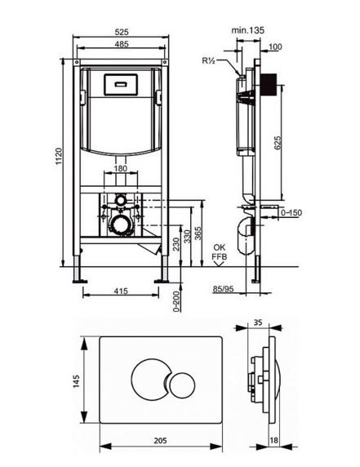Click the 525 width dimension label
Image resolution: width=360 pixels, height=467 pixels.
click(x=121, y=32)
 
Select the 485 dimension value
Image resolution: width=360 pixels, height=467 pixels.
click(x=122, y=44)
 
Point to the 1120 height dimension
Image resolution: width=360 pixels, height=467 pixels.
click(x=59, y=157)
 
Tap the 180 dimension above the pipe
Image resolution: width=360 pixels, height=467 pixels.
click(x=121, y=168)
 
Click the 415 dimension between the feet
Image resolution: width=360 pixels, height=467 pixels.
click(x=121, y=291)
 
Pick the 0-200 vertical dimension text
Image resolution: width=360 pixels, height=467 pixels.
click(x=176, y=301)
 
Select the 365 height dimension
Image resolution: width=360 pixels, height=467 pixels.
click(x=198, y=233)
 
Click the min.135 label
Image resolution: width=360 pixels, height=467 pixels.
click(x=247, y=30)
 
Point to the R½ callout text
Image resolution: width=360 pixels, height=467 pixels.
click(x=208, y=60)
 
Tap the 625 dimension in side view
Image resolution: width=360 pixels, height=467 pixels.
click(x=277, y=143)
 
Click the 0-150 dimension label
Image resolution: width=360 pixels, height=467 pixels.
click(x=291, y=212)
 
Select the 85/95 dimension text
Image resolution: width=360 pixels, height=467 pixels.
click(x=224, y=289)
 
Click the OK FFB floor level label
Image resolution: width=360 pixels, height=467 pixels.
click(x=220, y=252)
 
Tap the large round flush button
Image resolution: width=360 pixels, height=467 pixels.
click(x=149, y=378)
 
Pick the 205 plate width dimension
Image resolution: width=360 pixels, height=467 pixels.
click(x=161, y=441)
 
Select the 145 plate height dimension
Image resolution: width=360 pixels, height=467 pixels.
click(x=77, y=381)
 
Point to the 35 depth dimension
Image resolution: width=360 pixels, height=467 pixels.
click(x=258, y=322)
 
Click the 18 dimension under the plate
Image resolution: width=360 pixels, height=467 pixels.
click(x=273, y=440)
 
